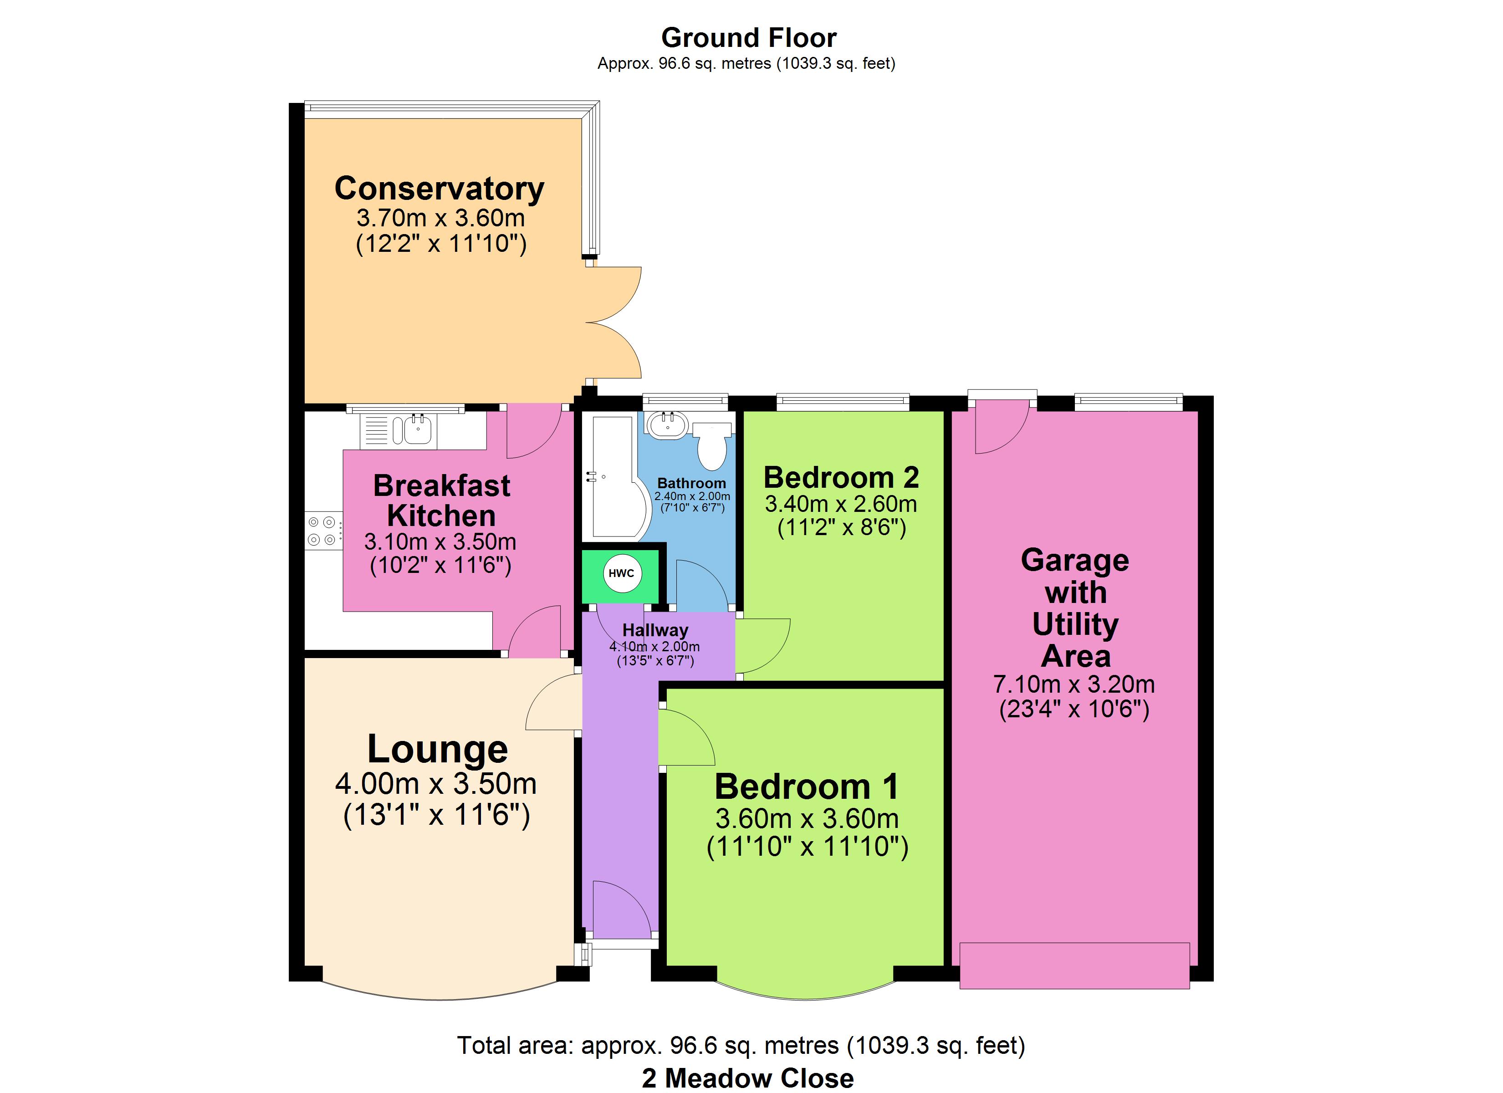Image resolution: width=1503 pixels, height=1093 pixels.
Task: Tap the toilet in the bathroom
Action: tap(712, 446)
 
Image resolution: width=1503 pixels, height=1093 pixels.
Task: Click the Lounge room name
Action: tap(437, 749)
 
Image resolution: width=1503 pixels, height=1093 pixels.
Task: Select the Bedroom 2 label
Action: tap(841, 477)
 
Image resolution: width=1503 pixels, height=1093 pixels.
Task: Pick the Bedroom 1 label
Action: tap(807, 787)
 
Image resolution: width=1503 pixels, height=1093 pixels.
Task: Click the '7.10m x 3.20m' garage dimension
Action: tap(1074, 684)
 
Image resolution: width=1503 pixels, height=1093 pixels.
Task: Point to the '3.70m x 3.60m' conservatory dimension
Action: tap(441, 217)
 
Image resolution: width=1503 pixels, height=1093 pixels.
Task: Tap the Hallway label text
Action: tap(655, 630)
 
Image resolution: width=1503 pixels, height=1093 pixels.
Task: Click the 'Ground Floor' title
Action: tap(749, 38)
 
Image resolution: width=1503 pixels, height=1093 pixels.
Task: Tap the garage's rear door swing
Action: tap(1002, 428)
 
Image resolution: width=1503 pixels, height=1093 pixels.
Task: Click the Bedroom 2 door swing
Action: tap(763, 646)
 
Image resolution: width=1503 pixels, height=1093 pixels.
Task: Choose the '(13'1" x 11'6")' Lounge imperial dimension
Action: tap(437, 815)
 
